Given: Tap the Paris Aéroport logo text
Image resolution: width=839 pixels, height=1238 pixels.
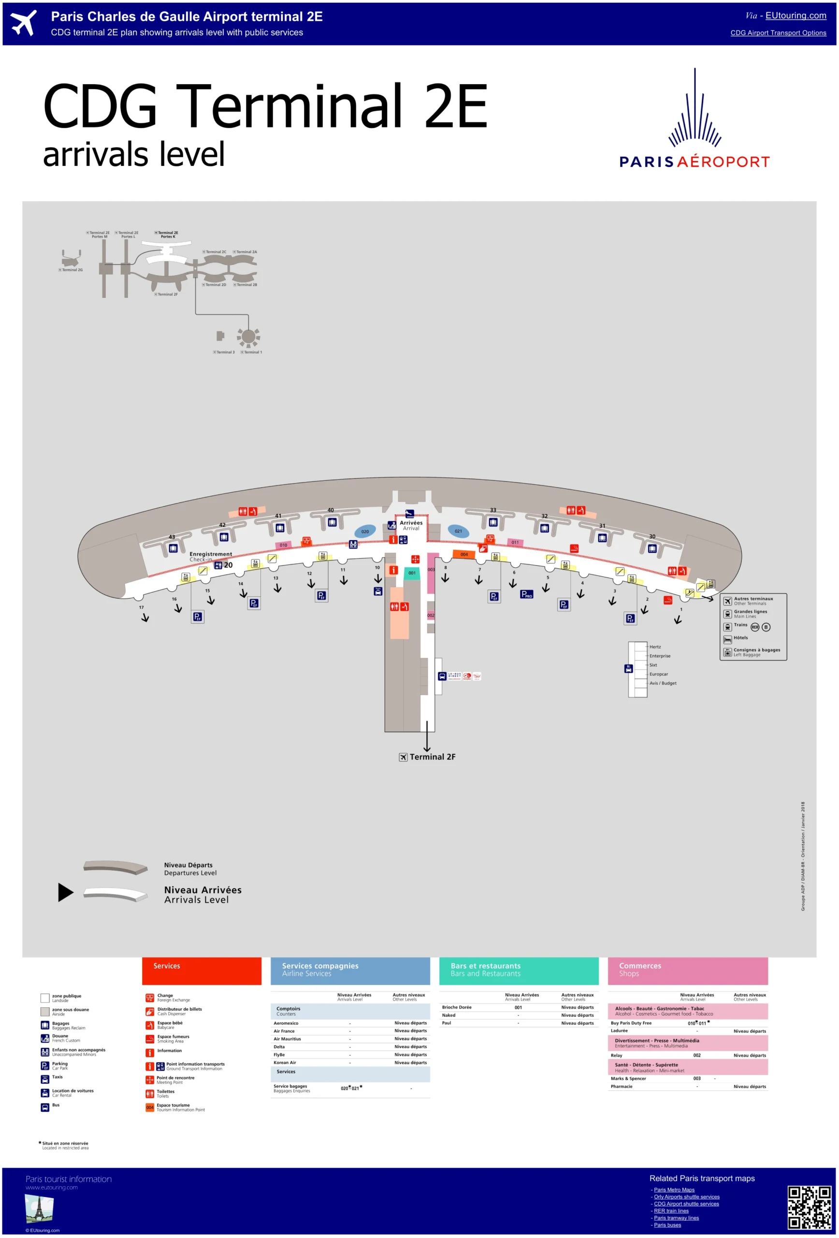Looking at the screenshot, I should pyautogui.click(x=694, y=162).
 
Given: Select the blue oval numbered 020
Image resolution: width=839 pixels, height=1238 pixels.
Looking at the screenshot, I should pyautogui.click(x=365, y=531).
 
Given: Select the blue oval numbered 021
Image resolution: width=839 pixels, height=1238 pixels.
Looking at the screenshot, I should pyautogui.click(x=458, y=531).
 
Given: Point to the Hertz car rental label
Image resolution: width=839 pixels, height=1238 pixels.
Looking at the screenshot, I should pyautogui.click(x=655, y=647).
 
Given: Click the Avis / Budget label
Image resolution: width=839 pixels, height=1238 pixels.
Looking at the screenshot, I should pyautogui.click(x=662, y=683).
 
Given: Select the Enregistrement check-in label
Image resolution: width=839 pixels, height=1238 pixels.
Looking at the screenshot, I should pyautogui.click(x=210, y=555).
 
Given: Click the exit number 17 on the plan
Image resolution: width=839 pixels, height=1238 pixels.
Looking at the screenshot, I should pyautogui.click(x=141, y=607).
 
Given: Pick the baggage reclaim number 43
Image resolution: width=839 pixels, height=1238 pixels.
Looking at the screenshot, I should pyautogui.click(x=172, y=537).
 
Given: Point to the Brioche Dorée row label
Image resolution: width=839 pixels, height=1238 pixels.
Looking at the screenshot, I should pyautogui.click(x=456, y=1007).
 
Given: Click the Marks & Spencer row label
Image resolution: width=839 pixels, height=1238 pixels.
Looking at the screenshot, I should pyautogui.click(x=628, y=1078).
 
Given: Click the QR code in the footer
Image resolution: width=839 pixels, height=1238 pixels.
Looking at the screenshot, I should pyautogui.click(x=809, y=1207).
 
